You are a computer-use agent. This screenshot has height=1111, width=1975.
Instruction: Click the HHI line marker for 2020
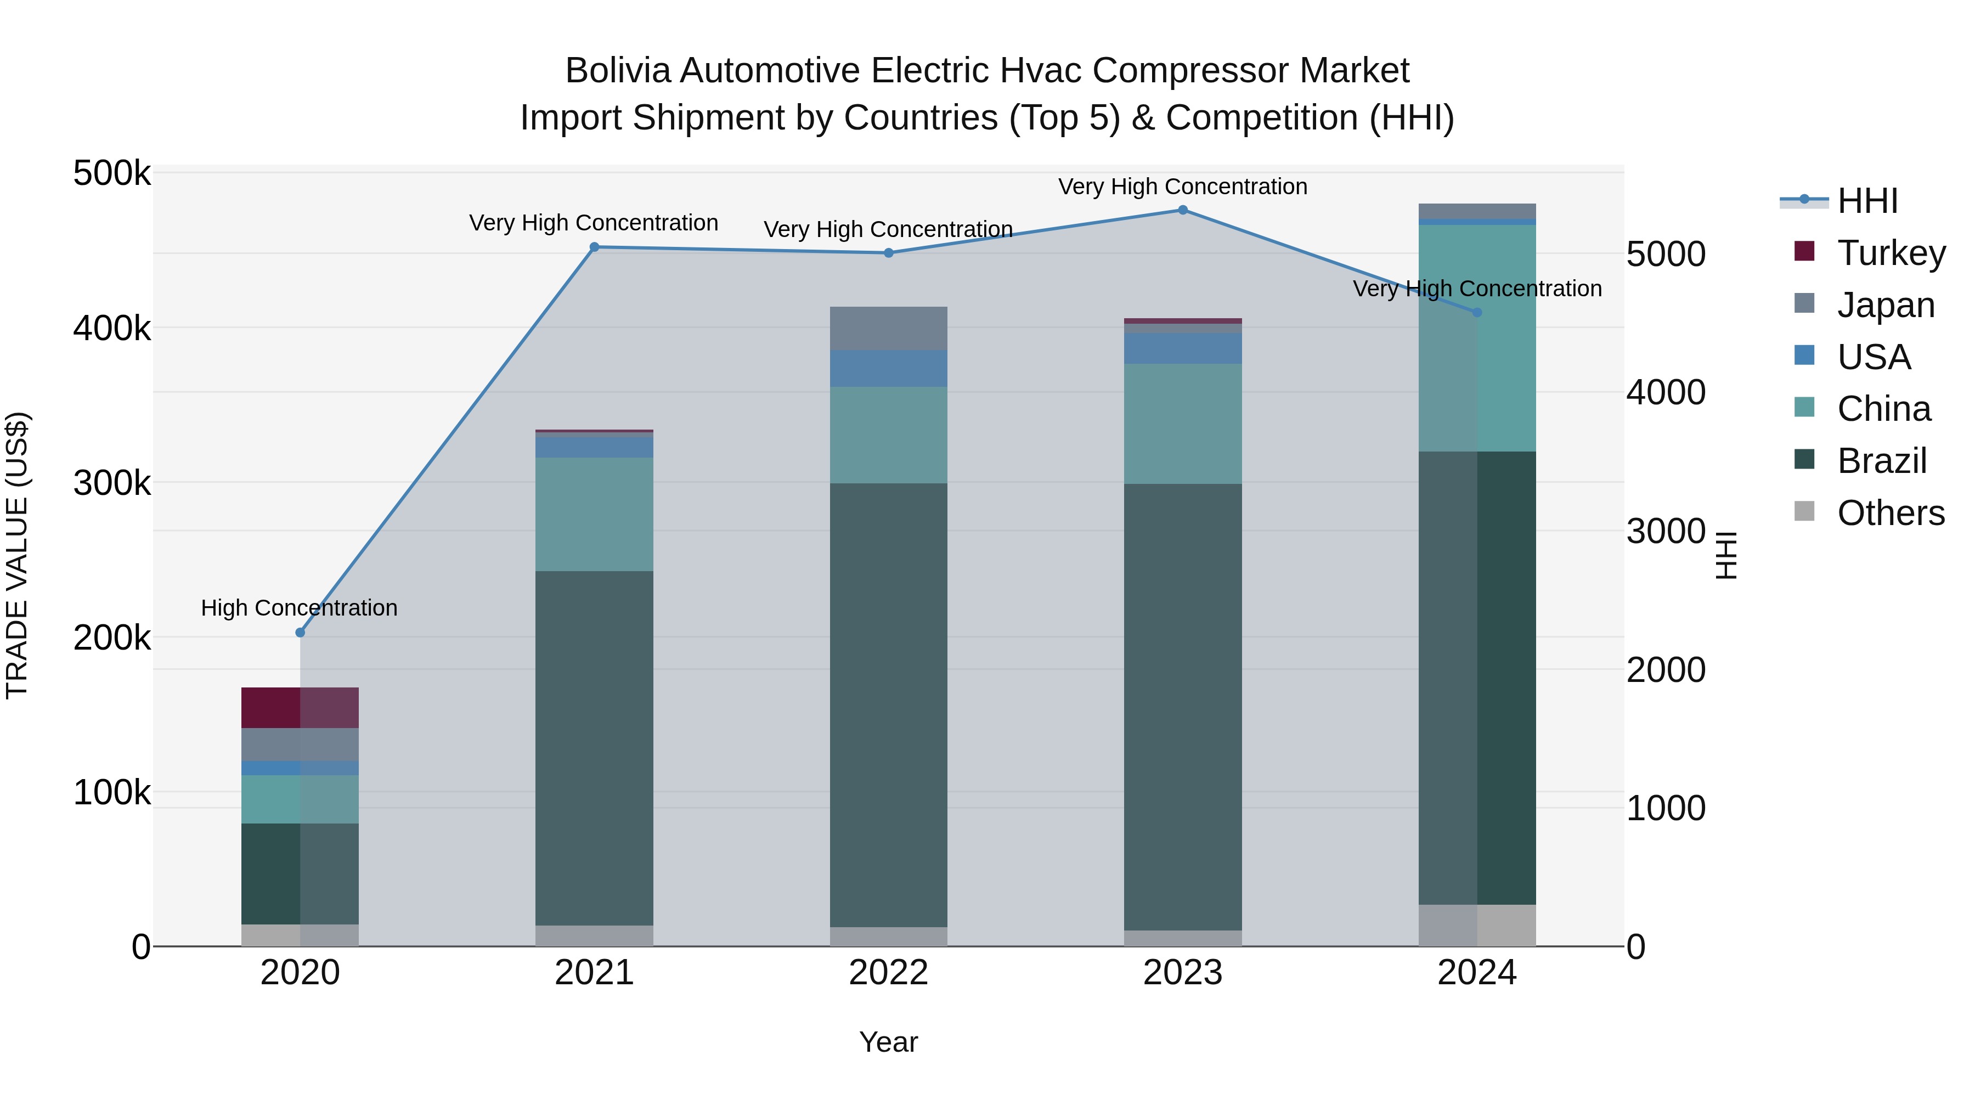[300, 633]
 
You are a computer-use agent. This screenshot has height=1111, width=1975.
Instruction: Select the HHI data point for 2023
[1182, 210]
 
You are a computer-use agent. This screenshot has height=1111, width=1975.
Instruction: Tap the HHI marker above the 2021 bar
[594, 247]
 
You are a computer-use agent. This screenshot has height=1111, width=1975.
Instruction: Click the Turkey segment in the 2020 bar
[300, 707]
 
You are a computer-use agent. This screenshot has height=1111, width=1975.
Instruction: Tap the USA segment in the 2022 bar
[889, 368]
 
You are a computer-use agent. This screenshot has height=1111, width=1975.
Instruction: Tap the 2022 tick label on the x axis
[889, 973]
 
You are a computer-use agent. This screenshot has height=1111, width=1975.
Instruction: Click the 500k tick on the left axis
[112, 173]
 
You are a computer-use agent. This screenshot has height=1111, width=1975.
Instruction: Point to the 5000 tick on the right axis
[1665, 255]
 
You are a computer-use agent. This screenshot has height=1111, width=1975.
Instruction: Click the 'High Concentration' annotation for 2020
[299, 608]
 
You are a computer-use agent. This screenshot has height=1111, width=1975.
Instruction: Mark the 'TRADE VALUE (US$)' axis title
[18, 555]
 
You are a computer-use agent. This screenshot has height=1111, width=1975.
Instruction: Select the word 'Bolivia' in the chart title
[617, 71]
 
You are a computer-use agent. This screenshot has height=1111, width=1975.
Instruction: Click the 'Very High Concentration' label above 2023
[1182, 187]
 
